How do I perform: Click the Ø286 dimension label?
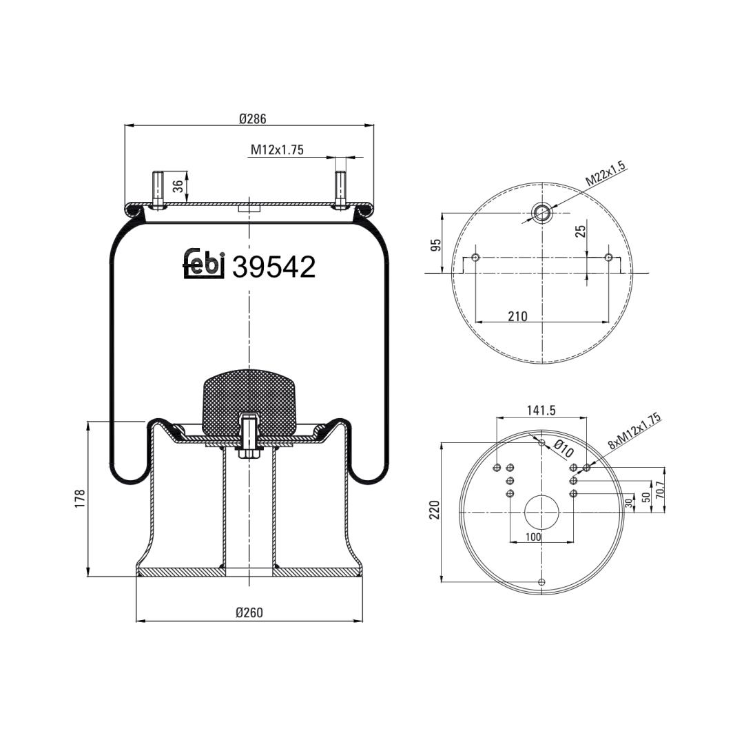[x=252, y=118]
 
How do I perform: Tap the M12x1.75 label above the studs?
[x=277, y=150]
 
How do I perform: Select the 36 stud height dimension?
[x=178, y=186]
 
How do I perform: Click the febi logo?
[x=203, y=264]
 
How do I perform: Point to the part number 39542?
[x=273, y=267]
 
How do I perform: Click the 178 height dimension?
[x=79, y=499]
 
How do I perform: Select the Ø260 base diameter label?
[x=249, y=612]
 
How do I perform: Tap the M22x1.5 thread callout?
[x=606, y=174]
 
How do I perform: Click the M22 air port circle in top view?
[x=541, y=213]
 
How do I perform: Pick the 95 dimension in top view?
[x=435, y=245]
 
